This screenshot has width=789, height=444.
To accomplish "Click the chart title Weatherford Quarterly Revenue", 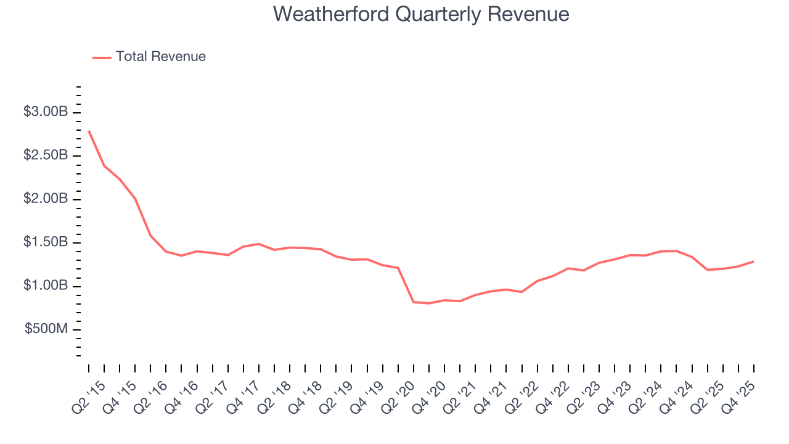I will [x=421, y=14].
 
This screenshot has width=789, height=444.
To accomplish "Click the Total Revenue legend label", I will [x=160, y=57].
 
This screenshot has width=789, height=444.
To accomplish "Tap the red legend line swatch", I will [x=102, y=57].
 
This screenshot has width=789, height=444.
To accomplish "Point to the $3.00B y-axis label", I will [x=46, y=112].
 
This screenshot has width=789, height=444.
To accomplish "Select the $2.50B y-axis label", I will [x=46, y=155].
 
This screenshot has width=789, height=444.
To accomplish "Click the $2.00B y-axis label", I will [x=46, y=199].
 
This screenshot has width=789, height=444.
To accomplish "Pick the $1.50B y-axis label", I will [x=46, y=242].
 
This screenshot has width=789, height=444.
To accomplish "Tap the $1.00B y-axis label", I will [x=46, y=286].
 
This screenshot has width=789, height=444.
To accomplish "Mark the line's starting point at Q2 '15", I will [x=89, y=131].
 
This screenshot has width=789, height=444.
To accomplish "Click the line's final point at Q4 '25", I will [x=753, y=261].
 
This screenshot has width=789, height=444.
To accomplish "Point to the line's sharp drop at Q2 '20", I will [x=414, y=302].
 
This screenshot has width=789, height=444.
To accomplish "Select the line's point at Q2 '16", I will [x=150, y=236].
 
